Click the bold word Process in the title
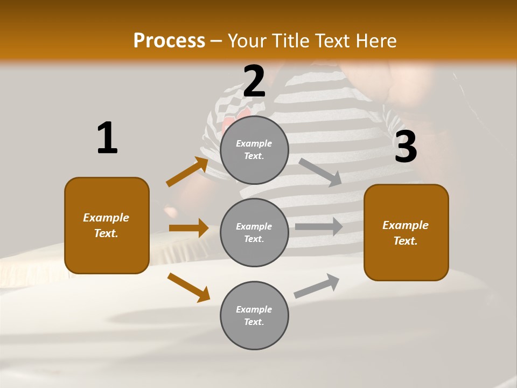[x=169, y=41]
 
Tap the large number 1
[x=107, y=138]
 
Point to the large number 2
[x=254, y=81]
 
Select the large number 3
[x=406, y=147]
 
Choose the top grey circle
[x=254, y=150]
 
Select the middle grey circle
[x=254, y=233]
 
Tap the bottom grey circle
[x=254, y=316]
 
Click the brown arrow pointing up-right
[x=187, y=172]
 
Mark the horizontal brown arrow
[x=188, y=228]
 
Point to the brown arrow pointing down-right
[x=188, y=287]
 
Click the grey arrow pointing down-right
[x=320, y=172]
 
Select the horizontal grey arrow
[x=319, y=227]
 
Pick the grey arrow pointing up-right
[x=317, y=286]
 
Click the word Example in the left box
[x=106, y=218]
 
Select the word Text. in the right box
[x=406, y=241]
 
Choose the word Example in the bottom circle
[x=254, y=309]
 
